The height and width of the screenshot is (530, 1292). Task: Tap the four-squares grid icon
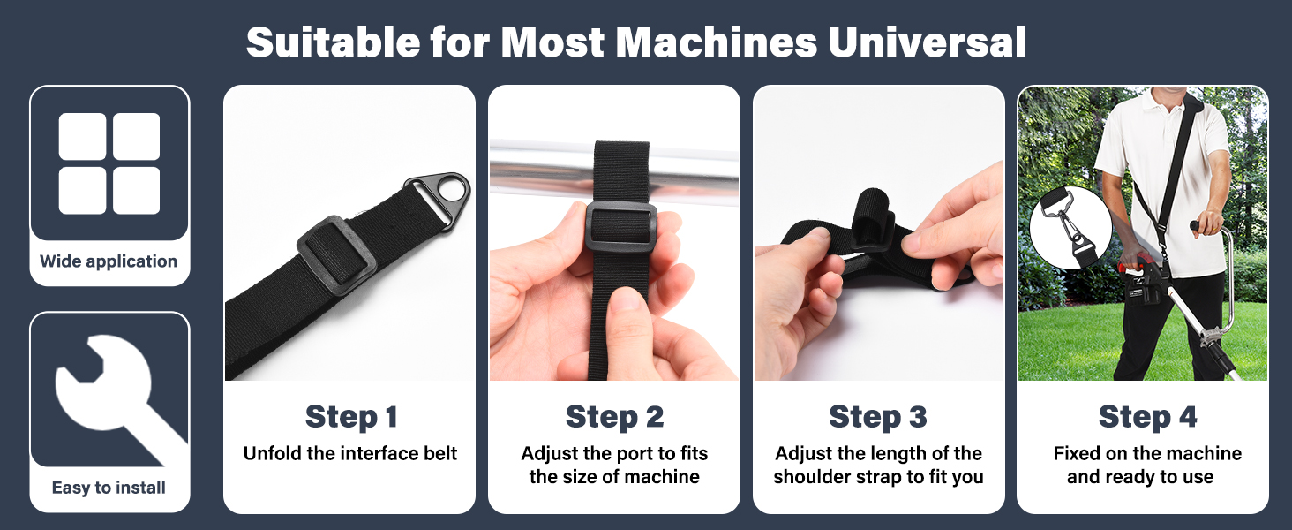click(x=109, y=163)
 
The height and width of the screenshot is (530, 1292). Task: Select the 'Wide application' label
click(x=109, y=261)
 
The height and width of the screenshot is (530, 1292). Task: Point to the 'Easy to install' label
click(x=109, y=488)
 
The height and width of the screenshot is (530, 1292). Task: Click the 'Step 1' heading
click(x=350, y=417)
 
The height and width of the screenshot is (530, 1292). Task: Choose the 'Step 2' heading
click(x=614, y=417)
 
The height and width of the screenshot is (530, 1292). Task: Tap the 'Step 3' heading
click(x=878, y=417)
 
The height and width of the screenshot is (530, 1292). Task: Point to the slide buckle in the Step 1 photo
click(x=335, y=250)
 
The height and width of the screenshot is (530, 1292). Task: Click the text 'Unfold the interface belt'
click(x=350, y=454)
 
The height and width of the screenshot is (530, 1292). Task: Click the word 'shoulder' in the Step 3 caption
click(x=813, y=477)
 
